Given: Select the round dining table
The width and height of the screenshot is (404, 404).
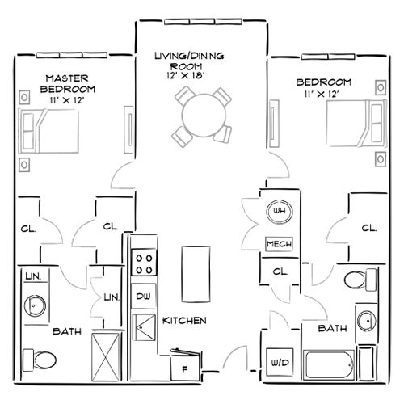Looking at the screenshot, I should [x=199, y=115].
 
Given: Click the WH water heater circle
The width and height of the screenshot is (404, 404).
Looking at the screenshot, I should [x=279, y=212].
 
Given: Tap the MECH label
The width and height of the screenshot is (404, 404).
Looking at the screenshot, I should [x=279, y=244].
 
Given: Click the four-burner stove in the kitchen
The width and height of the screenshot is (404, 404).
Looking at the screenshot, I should [x=144, y=263].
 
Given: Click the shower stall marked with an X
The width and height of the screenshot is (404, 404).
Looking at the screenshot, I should [x=107, y=356].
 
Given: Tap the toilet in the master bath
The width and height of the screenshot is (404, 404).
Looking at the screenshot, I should [x=40, y=357].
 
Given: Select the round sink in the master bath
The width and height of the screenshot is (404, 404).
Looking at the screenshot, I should [x=36, y=305].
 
